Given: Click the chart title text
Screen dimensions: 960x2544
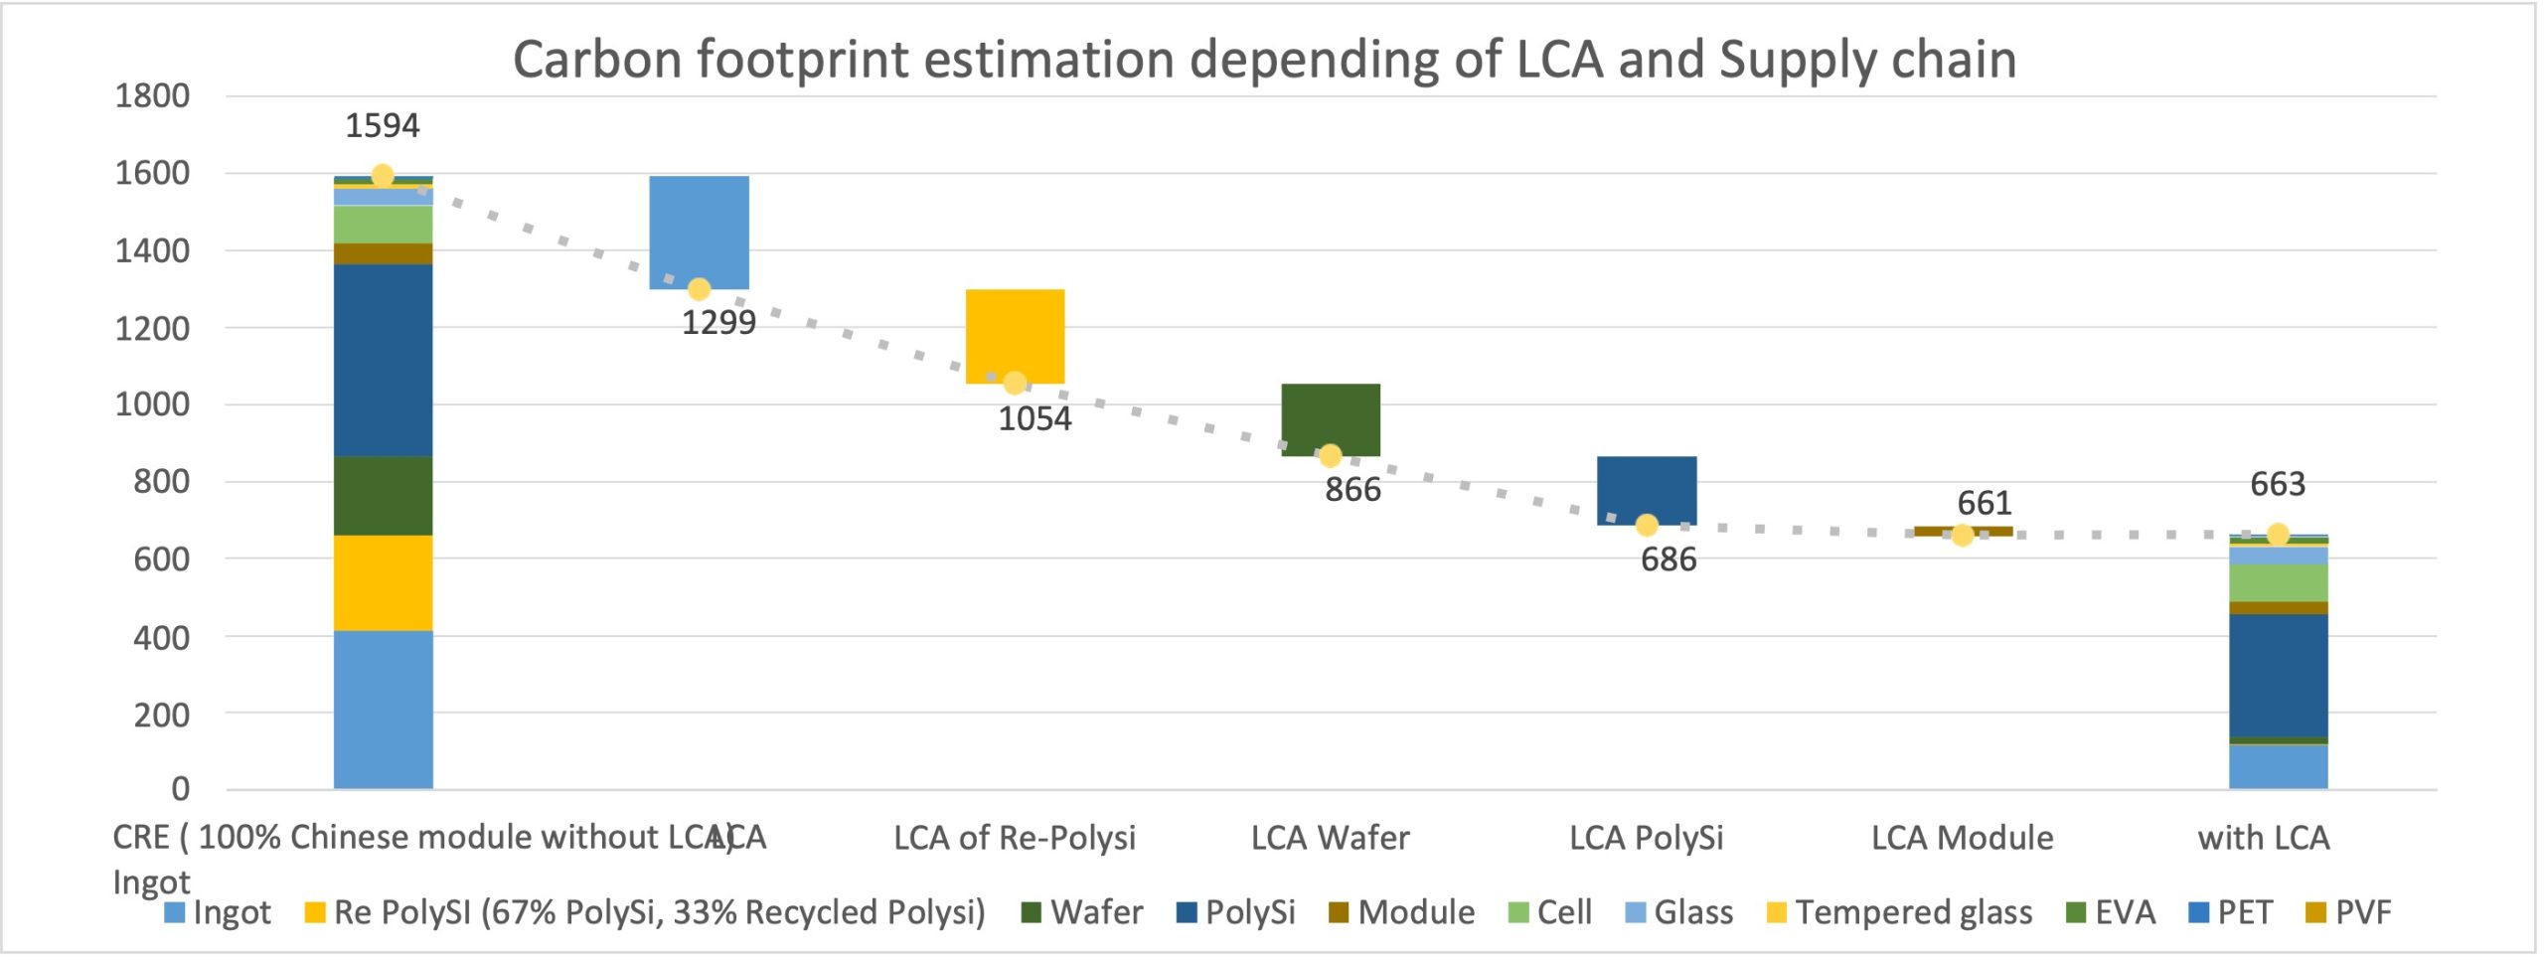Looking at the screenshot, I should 1264,60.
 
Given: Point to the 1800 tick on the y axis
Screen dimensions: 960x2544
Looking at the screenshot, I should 152,96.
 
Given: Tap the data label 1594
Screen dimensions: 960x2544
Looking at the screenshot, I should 382,126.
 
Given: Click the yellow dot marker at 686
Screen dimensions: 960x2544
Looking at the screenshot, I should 1647,526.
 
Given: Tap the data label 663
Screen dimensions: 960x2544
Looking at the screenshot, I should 2278,485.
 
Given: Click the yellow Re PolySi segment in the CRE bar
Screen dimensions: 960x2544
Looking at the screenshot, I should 383,583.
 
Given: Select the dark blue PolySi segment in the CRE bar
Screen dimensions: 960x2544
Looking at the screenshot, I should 383,361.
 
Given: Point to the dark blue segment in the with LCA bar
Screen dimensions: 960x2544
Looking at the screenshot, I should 2278,676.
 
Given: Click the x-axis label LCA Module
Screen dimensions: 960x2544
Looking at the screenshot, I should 1963,839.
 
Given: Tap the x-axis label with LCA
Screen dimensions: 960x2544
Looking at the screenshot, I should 2264,839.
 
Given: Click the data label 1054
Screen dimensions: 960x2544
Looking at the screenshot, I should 1034,419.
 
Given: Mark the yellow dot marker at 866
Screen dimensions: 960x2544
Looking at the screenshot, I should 1330,456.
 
